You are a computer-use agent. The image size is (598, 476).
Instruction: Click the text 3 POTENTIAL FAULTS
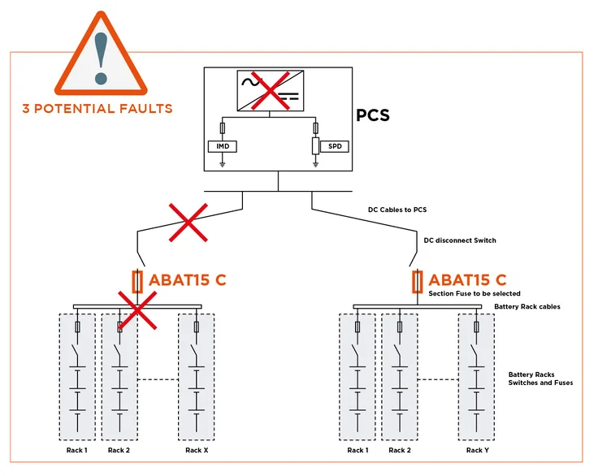(x=97, y=107)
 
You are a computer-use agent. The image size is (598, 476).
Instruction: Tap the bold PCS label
(x=373, y=115)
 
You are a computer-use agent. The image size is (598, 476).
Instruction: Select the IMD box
(x=222, y=146)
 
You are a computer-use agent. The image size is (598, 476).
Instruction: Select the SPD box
(x=334, y=146)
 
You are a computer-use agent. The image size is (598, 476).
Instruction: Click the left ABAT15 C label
(x=187, y=281)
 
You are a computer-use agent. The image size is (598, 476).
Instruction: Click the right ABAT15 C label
(x=467, y=281)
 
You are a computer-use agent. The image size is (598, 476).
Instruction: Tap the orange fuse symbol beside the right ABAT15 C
(x=418, y=282)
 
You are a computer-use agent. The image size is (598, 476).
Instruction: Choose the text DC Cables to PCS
(x=397, y=210)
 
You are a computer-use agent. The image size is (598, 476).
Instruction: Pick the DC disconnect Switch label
(x=460, y=240)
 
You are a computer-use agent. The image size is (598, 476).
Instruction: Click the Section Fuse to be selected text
(x=474, y=293)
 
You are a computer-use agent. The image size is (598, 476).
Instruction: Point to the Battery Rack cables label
(x=530, y=307)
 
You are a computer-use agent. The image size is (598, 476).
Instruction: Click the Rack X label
(x=197, y=450)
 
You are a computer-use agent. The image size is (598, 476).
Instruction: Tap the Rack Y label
(x=477, y=450)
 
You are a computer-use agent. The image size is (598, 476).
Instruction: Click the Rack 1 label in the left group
(x=76, y=450)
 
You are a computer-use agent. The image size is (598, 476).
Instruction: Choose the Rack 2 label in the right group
(x=400, y=450)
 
